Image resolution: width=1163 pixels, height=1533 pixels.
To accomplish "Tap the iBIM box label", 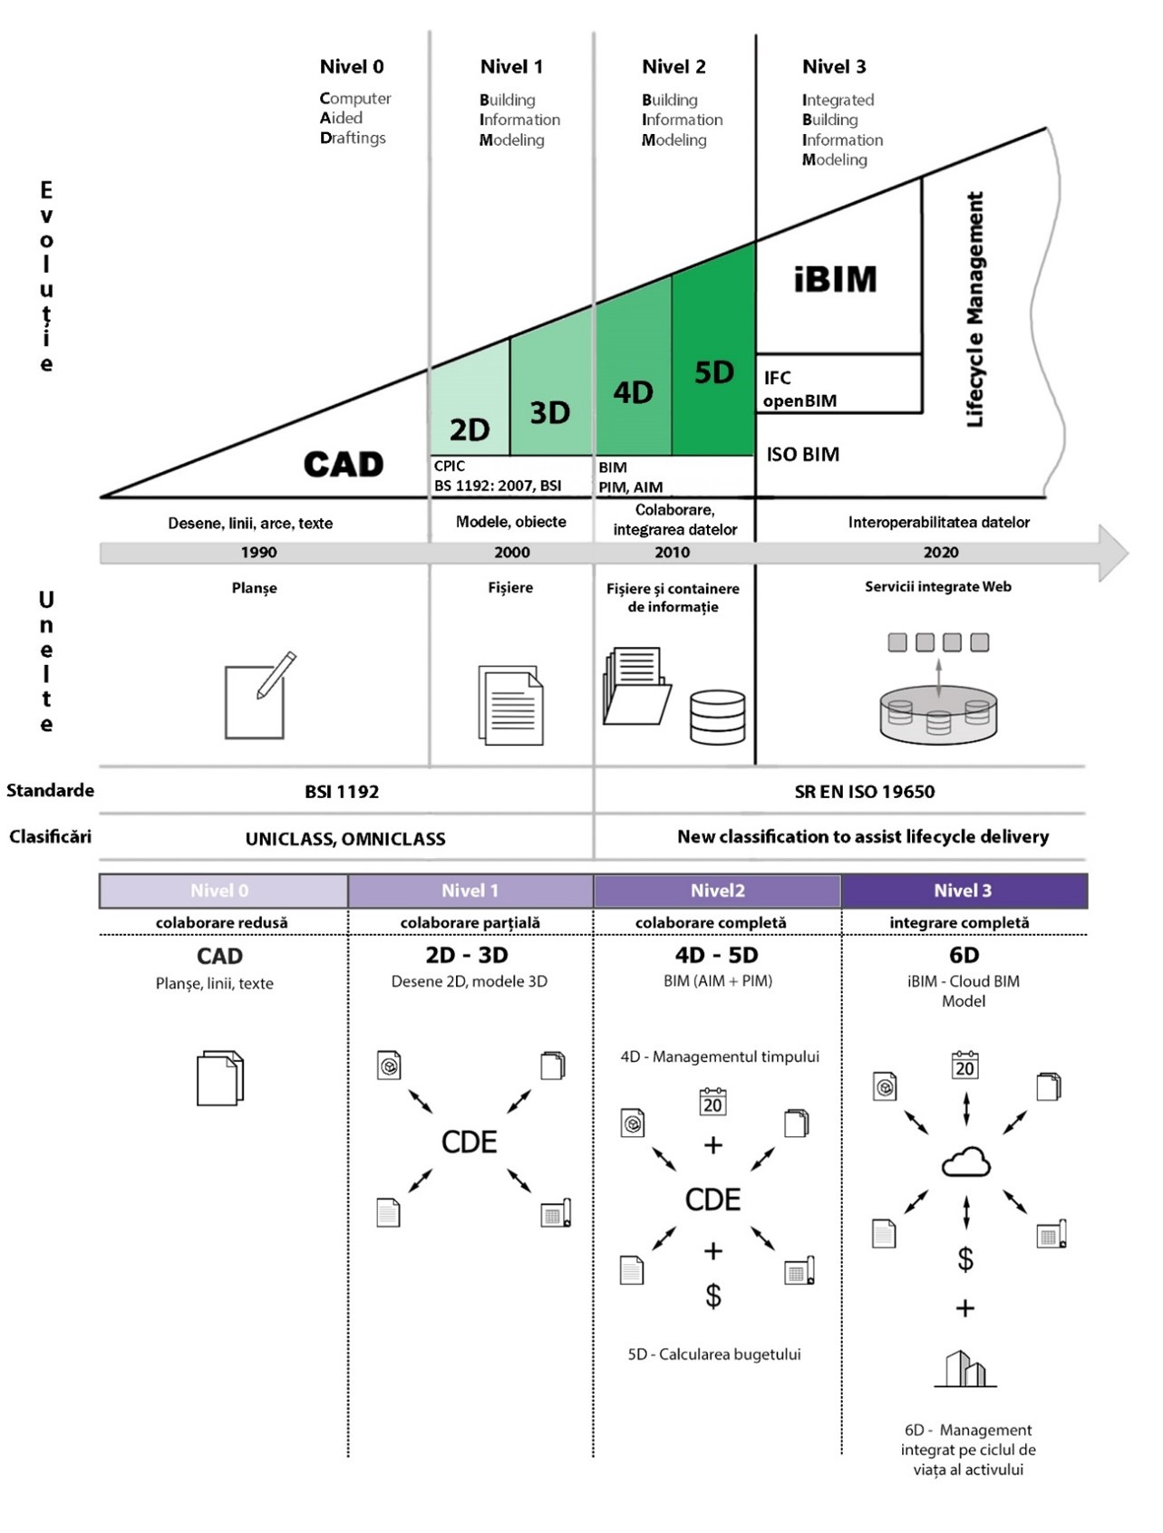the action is pyautogui.click(x=836, y=279).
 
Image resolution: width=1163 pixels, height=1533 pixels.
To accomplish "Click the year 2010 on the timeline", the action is pyautogui.click(x=672, y=552).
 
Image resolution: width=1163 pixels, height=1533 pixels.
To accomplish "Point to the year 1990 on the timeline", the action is pyautogui.click(x=258, y=552).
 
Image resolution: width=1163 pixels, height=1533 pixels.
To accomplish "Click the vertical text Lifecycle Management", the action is pyautogui.click(x=974, y=309).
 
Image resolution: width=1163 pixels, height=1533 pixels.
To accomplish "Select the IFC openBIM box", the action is pyautogui.click(x=838, y=384).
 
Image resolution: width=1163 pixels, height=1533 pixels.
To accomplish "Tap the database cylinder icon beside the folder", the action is pyautogui.click(x=717, y=717).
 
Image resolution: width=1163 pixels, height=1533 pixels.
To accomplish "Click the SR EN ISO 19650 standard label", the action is pyautogui.click(x=865, y=791).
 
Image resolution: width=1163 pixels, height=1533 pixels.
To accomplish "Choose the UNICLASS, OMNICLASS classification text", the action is pyautogui.click(x=345, y=839).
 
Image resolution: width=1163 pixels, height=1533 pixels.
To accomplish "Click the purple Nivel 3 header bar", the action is pyautogui.click(x=964, y=891).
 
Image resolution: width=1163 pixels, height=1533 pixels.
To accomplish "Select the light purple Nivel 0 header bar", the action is pyautogui.click(x=223, y=891).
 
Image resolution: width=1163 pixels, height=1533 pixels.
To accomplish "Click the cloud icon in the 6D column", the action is pyautogui.click(x=965, y=1162).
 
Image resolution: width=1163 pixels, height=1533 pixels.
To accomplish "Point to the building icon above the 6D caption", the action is pyautogui.click(x=965, y=1369).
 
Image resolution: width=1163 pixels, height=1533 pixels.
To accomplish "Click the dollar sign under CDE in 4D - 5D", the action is pyautogui.click(x=713, y=1296).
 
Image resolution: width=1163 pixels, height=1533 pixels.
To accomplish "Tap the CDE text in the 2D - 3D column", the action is pyautogui.click(x=469, y=1142).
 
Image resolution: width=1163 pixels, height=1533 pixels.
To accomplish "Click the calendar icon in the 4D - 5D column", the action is pyautogui.click(x=713, y=1101).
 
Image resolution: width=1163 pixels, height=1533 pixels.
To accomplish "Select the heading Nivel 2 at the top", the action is pyautogui.click(x=674, y=66).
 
